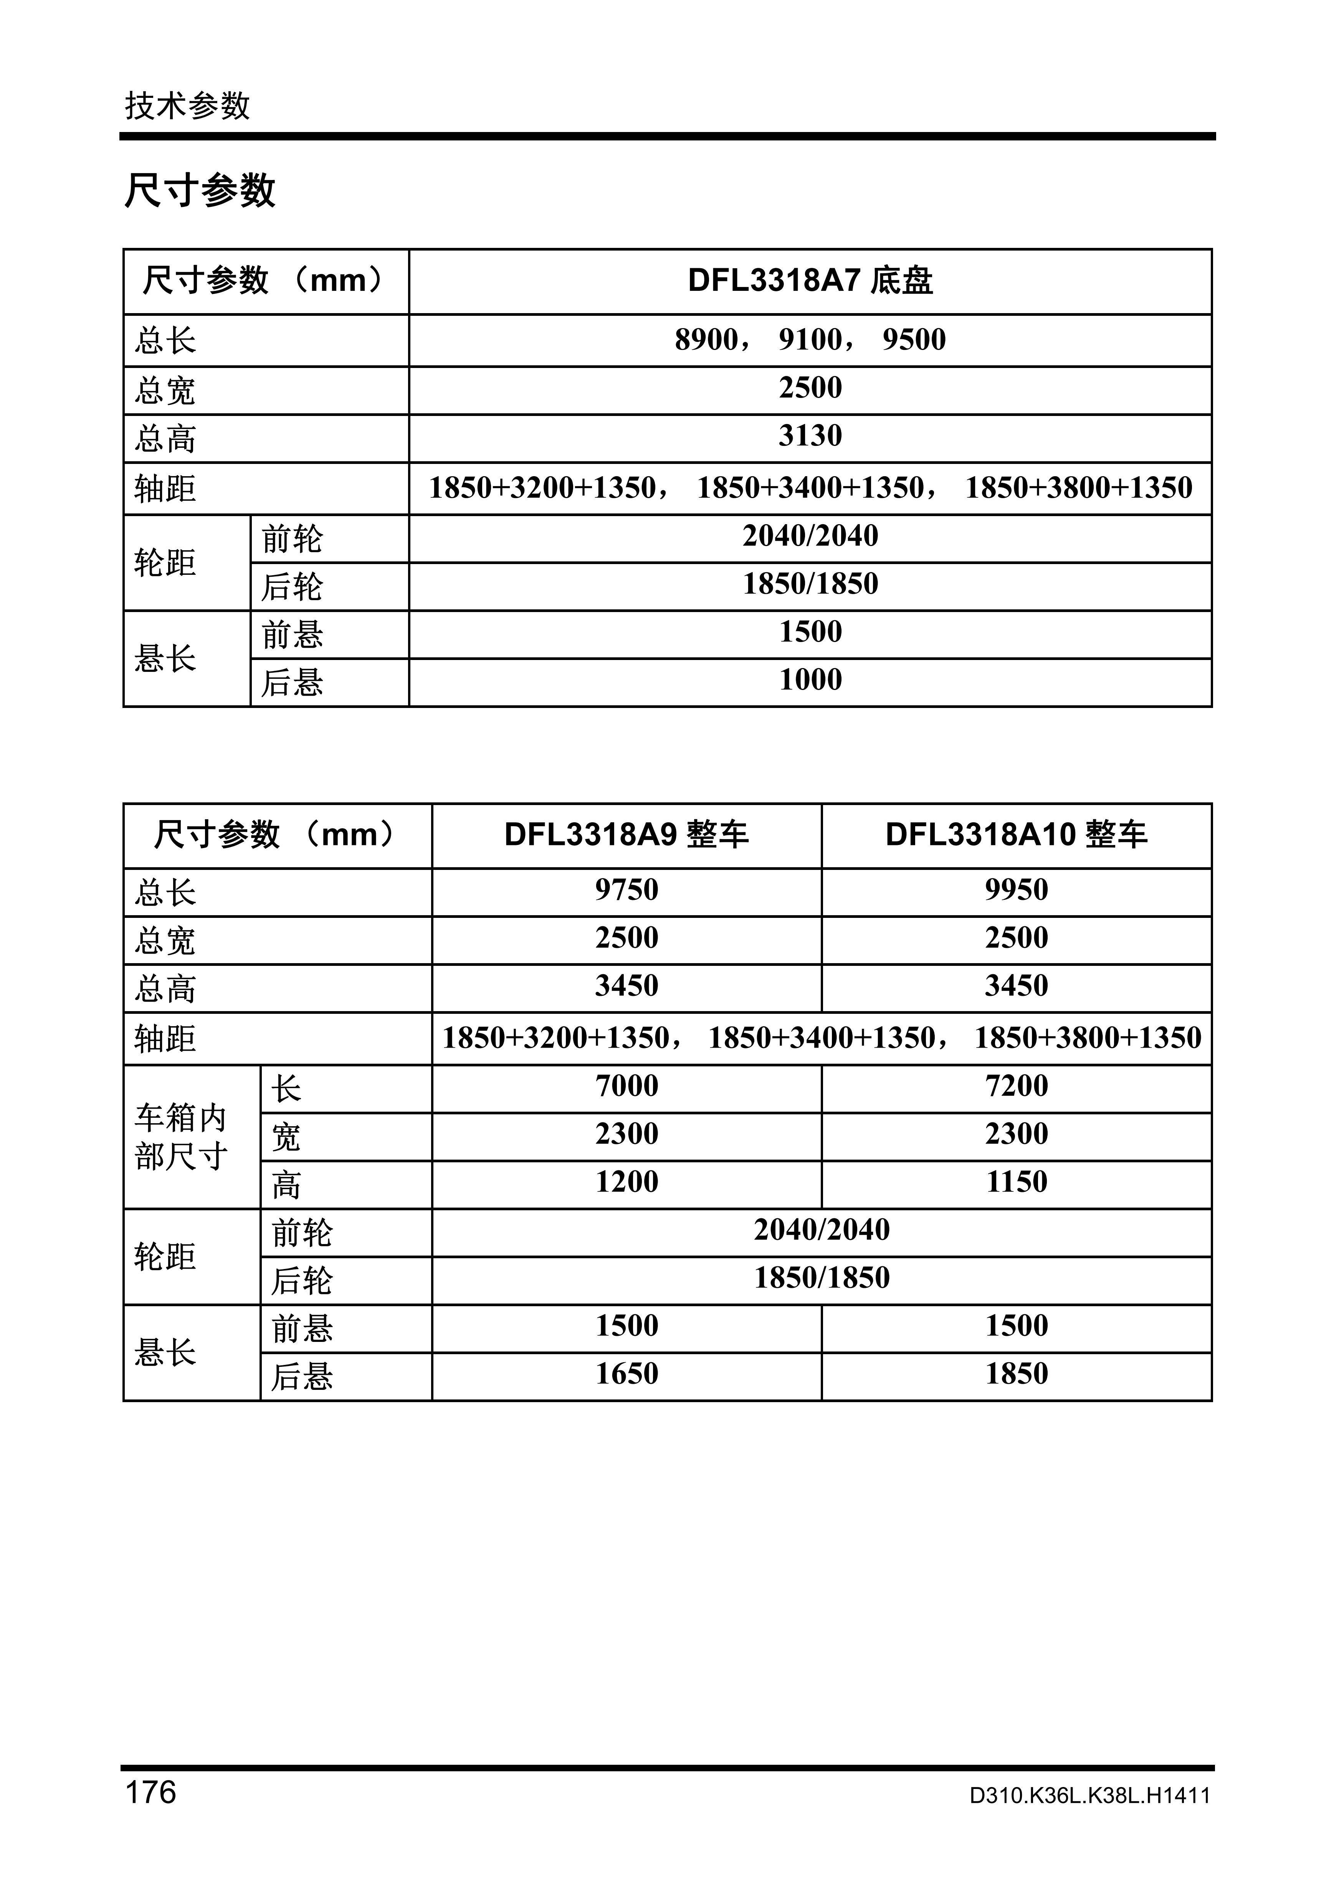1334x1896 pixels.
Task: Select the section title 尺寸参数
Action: click(x=200, y=191)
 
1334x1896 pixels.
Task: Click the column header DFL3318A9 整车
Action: click(x=626, y=835)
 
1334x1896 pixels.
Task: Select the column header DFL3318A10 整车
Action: click(x=1016, y=835)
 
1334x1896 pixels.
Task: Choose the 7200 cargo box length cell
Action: click(x=1016, y=1086)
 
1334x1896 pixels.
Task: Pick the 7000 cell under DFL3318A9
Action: click(x=626, y=1086)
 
